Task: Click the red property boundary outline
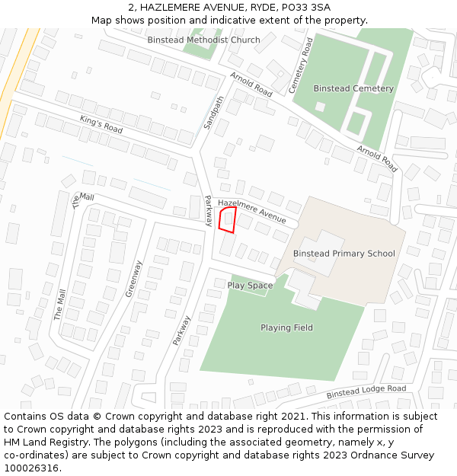click(x=227, y=219)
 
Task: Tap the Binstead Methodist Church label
click(x=203, y=40)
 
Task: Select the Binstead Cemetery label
click(x=353, y=88)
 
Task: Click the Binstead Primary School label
click(x=344, y=254)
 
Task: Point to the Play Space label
click(x=250, y=286)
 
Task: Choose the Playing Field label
click(x=286, y=327)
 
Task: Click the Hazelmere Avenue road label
click(x=251, y=211)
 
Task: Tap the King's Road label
click(x=101, y=125)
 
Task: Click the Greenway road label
click(x=134, y=279)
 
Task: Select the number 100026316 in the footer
click(x=31, y=468)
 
